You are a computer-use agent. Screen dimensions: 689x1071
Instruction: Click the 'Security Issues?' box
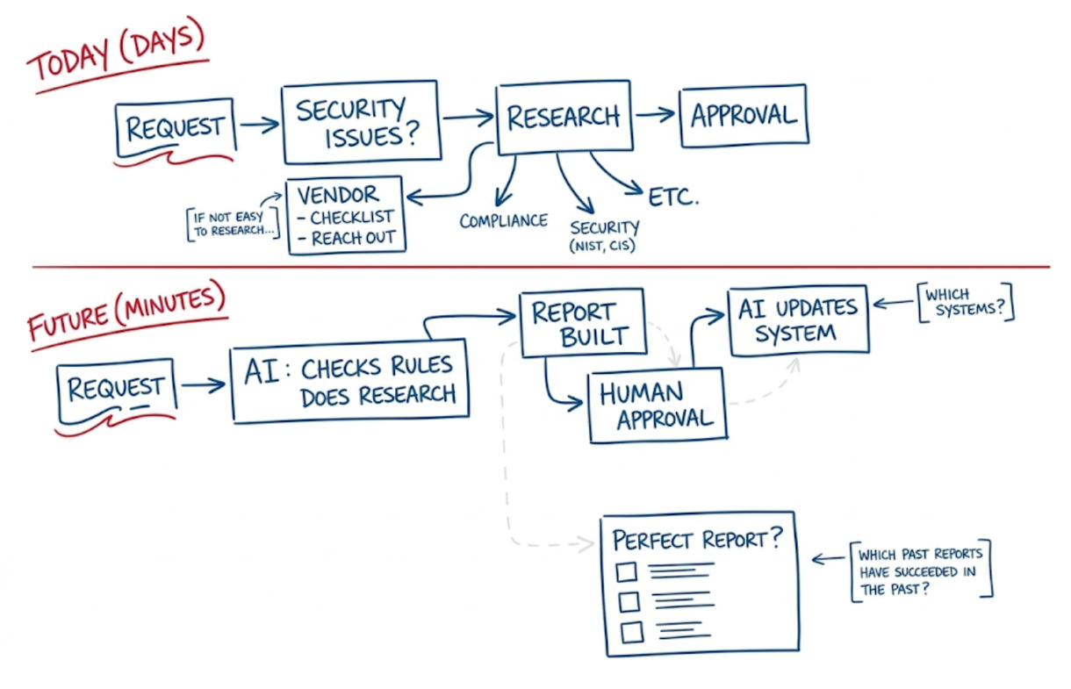click(x=361, y=122)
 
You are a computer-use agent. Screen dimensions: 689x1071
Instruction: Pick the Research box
click(x=564, y=117)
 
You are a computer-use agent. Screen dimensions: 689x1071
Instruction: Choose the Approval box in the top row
click(x=744, y=115)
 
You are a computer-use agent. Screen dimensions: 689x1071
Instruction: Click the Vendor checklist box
click(x=346, y=215)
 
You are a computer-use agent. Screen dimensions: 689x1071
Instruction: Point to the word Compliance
click(x=503, y=220)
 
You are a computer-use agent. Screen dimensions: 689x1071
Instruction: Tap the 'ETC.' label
click(x=673, y=197)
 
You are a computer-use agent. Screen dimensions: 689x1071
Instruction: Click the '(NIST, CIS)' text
click(x=604, y=246)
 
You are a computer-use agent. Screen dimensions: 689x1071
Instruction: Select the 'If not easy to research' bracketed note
click(x=232, y=224)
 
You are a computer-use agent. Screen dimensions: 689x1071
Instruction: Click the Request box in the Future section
click(x=116, y=387)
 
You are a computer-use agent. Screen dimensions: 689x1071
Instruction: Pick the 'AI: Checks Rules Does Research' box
click(x=349, y=381)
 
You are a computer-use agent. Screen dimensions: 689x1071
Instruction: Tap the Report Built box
click(x=583, y=323)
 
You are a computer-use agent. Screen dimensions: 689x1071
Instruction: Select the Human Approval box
click(x=658, y=405)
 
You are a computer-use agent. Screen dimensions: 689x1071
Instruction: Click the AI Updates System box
click(x=797, y=320)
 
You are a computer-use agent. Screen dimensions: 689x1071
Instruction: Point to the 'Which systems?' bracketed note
click(x=964, y=303)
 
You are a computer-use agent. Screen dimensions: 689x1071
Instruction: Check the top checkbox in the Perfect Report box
click(x=626, y=572)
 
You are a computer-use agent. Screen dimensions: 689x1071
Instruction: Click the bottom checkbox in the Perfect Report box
click(x=630, y=632)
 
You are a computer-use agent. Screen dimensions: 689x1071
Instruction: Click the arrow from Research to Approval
click(x=655, y=114)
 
